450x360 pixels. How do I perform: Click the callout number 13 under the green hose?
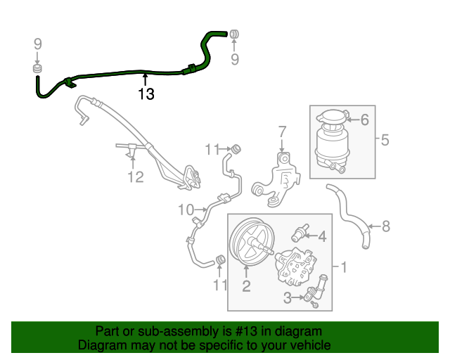[146, 94]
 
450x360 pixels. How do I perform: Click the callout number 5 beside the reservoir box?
[385, 140]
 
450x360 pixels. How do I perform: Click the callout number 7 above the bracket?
[282, 131]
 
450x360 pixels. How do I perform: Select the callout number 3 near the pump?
[288, 299]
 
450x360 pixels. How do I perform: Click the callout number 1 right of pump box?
[344, 267]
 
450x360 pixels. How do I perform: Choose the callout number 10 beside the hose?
[186, 209]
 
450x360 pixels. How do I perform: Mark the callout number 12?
[135, 176]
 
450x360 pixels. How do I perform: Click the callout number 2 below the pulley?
[247, 285]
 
